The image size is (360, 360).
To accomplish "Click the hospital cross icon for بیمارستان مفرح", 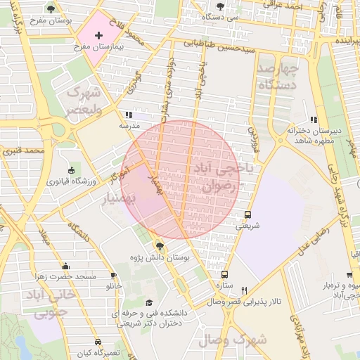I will pos(98,34).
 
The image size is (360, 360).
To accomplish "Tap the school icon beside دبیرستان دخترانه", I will pos(314,120).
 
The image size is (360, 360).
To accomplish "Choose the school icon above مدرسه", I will pos(128,115).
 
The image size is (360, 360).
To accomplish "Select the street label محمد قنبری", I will pos(23,150).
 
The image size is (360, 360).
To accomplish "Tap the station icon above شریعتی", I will pos(247,215).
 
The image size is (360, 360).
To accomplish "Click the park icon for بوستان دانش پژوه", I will pos(160,245).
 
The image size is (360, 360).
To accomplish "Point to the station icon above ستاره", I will pos(224,275).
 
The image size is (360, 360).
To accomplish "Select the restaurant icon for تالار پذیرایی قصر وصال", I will pos(245,290).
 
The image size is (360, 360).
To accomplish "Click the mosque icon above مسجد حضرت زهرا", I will pos(66,266).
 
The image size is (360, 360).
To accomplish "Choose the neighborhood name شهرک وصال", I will pos(232,340).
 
